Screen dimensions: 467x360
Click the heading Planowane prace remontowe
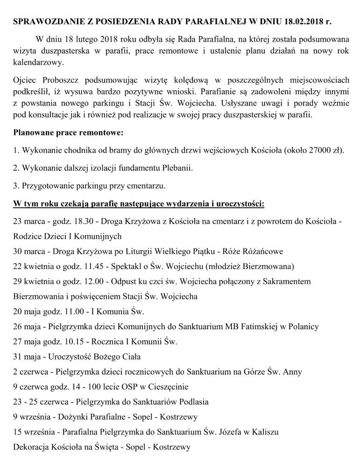(69, 133)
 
